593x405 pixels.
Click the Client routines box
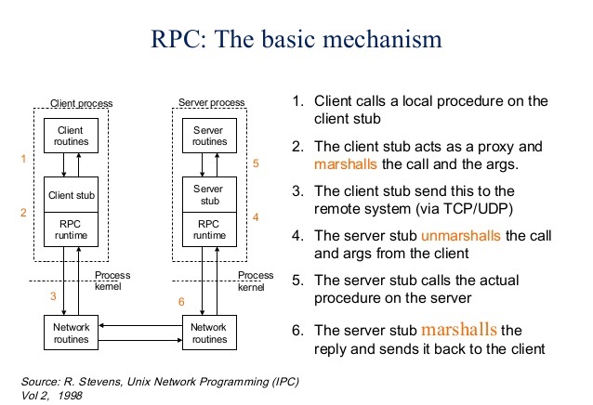(x=71, y=136)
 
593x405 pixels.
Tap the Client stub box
(x=71, y=196)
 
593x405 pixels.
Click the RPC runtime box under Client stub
(x=71, y=229)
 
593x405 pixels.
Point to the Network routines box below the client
(x=71, y=333)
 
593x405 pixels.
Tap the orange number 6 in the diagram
(x=181, y=302)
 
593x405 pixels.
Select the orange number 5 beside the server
(x=257, y=163)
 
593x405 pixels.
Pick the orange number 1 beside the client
(x=22, y=159)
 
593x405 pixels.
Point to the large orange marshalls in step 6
(x=460, y=329)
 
